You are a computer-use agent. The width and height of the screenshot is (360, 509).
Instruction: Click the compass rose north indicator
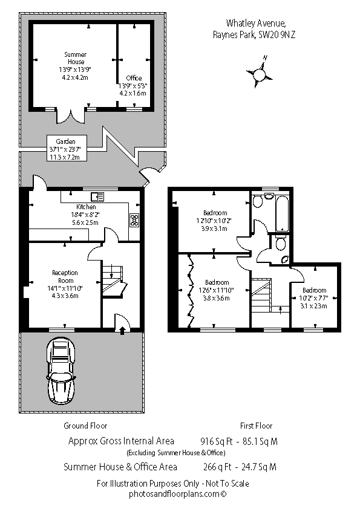coord(260,74)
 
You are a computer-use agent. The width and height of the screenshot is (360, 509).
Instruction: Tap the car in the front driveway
coord(61,371)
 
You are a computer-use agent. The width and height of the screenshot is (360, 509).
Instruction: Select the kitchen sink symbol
coord(97,196)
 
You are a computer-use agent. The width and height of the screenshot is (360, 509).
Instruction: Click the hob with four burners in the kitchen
coord(134,220)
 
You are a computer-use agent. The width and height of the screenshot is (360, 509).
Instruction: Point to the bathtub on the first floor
coord(282,213)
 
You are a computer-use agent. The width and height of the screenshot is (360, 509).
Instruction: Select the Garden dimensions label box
coord(67,149)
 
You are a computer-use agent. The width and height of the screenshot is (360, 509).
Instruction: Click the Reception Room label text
coord(65,277)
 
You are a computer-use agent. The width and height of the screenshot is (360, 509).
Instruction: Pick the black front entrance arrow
coord(122,331)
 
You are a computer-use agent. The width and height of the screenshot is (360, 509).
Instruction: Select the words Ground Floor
coord(85,426)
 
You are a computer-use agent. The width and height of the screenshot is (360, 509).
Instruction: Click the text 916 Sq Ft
coord(217,441)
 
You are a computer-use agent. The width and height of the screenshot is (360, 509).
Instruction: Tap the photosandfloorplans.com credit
coord(177,494)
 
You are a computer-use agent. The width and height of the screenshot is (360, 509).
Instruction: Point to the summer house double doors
coord(71,116)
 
